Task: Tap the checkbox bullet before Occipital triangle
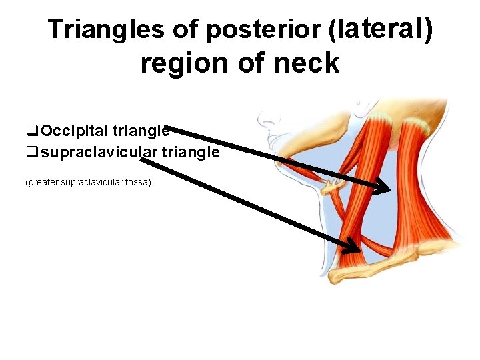point(31,129)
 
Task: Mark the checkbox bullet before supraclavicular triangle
point(31,152)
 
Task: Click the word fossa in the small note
point(137,181)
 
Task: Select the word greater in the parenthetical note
point(43,181)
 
